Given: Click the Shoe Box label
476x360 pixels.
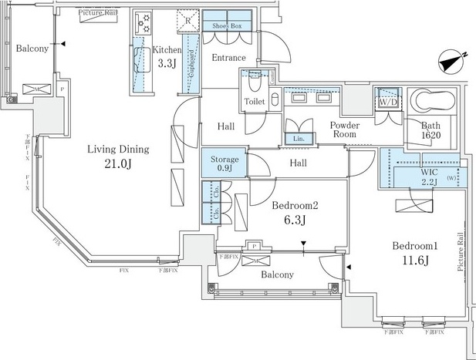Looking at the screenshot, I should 228,25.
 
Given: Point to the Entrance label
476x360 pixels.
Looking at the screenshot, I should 228,58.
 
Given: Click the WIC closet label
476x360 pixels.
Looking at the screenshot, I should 429,173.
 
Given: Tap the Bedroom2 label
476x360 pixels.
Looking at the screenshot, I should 294,206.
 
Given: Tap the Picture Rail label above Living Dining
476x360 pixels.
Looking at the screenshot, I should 98,13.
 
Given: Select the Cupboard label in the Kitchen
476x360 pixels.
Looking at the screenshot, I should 190,74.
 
